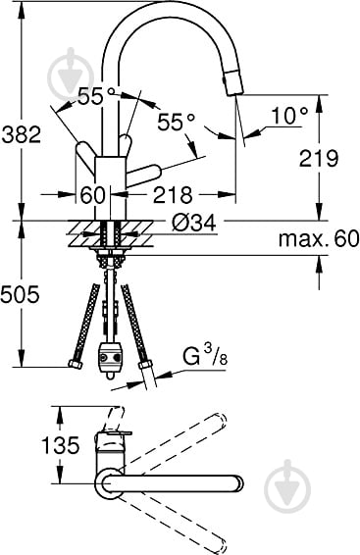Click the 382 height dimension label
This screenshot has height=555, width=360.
point(22,134)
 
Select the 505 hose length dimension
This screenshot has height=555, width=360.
point(20,294)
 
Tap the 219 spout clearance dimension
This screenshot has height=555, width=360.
point(319,158)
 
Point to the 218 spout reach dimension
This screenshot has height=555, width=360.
point(174,194)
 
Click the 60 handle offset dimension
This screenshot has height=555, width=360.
point(93,195)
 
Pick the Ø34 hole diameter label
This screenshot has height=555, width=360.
point(194,223)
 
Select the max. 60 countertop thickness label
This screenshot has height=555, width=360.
point(319,239)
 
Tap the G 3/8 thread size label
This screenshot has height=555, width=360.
point(205,356)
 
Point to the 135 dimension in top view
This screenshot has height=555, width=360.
point(61,445)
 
